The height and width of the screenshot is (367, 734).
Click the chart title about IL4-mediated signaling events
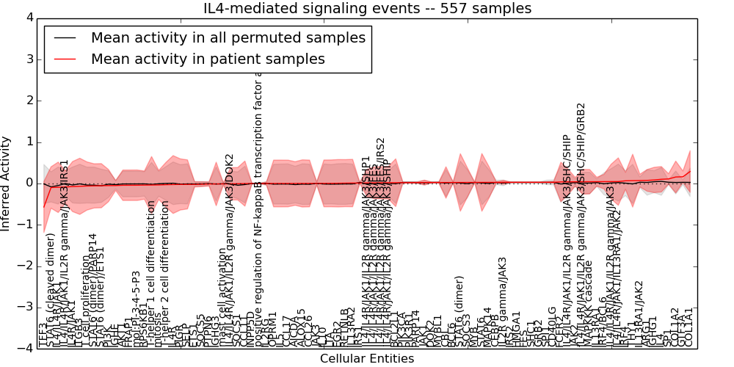coord(367,8)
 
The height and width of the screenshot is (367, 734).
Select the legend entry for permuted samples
coord(228,38)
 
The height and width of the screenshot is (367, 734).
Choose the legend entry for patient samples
coord(208,59)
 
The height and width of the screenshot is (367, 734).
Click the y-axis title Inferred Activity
coord(7,183)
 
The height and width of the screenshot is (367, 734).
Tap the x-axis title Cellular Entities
coord(367,359)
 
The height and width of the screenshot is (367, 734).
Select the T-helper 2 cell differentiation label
coord(165,275)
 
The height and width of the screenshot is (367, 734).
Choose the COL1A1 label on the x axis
coord(688,327)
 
